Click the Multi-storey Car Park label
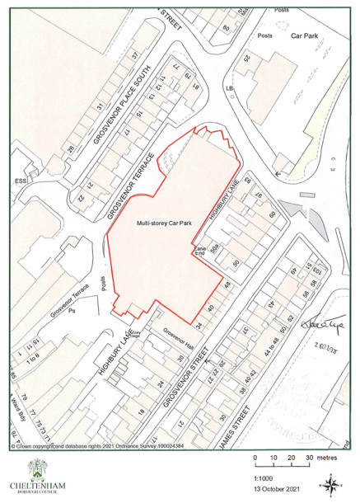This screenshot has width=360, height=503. pyautogui.click(x=164, y=223)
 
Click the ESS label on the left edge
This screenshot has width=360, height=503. pyautogui.click(x=21, y=180)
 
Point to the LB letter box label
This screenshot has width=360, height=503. pyautogui.click(x=230, y=87)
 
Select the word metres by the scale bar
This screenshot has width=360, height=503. pyautogui.click(x=331, y=458)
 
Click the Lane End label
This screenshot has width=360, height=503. pyautogui.click(x=199, y=251)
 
